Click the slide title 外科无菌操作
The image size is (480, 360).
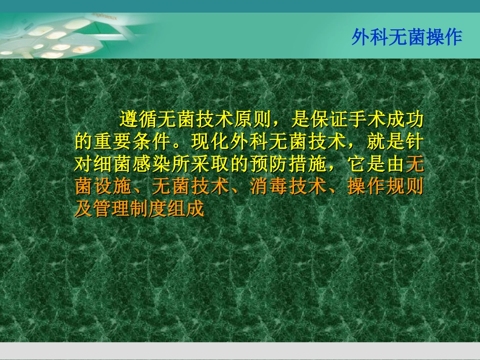(407, 38)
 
